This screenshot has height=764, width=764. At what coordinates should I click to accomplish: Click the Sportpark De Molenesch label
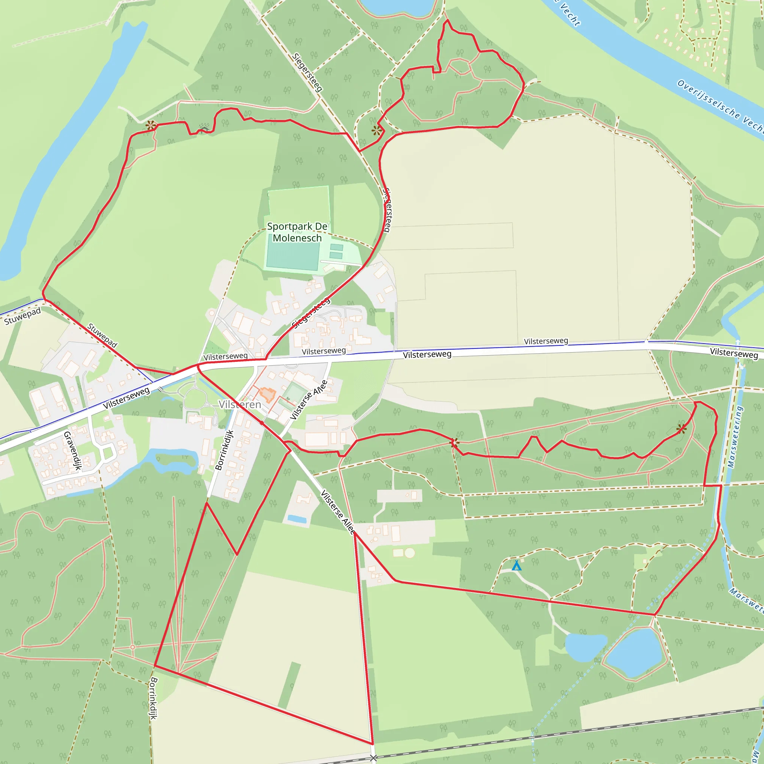click(297, 232)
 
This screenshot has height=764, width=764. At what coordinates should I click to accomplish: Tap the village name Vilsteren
click(240, 404)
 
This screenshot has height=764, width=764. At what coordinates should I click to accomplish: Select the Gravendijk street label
click(72, 451)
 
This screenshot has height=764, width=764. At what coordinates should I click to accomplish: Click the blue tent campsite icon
click(516, 566)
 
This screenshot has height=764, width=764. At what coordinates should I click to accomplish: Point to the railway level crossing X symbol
click(373, 758)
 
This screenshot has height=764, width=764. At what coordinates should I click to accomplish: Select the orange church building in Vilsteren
click(268, 395)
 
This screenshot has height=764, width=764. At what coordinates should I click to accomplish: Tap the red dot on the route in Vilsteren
click(262, 423)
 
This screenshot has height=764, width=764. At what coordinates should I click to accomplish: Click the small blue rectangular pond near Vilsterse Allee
click(297, 519)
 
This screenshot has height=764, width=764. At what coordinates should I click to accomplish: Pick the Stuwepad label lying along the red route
click(102, 335)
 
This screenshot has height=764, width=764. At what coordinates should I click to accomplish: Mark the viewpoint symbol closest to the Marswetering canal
click(681, 429)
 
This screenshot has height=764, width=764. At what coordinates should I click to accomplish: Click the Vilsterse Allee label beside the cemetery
click(309, 400)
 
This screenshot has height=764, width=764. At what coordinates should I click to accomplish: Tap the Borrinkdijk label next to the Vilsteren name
click(224, 450)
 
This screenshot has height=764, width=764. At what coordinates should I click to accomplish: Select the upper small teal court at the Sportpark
click(336, 247)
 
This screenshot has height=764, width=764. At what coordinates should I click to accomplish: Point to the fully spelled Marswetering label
click(736, 436)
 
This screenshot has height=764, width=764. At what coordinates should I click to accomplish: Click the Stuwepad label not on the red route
click(22, 316)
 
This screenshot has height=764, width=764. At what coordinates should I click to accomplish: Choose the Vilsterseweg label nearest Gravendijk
click(126, 398)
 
